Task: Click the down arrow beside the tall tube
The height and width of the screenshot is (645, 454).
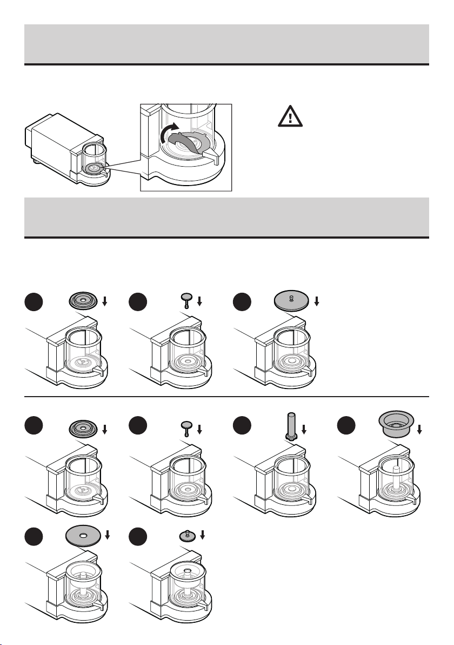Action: tap(304, 430)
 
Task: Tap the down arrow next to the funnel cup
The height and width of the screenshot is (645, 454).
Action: tap(420, 430)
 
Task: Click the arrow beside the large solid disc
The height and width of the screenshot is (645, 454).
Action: tap(317, 301)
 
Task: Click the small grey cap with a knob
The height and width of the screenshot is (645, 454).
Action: tap(186, 535)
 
